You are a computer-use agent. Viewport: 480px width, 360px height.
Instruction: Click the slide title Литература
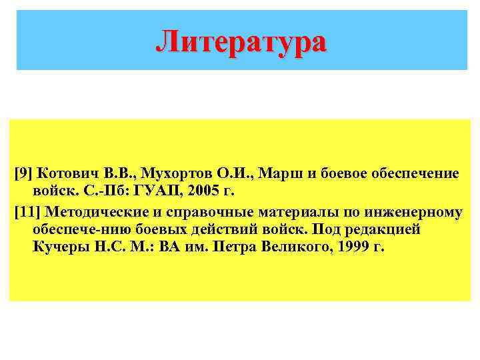pyautogui.click(x=241, y=41)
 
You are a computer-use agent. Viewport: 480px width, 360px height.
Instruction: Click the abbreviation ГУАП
pyautogui.click(x=158, y=192)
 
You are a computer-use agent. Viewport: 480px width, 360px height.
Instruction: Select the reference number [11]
pyautogui.click(x=27, y=213)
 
